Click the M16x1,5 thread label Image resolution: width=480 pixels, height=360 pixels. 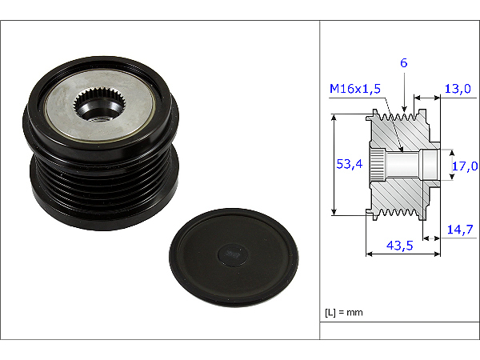coord(354,89)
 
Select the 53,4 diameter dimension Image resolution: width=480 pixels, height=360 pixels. coord(350,164)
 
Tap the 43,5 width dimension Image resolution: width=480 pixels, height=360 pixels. coord(399,246)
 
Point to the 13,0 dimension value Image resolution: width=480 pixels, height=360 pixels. coord(458,89)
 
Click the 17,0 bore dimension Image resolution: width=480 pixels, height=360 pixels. coord(465,166)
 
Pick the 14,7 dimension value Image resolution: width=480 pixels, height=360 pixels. coord(460,230)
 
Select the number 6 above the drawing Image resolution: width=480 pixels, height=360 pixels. coord(404,63)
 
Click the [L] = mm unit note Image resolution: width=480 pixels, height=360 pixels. coord(343,313)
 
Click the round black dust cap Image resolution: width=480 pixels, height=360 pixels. coord(234,257)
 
